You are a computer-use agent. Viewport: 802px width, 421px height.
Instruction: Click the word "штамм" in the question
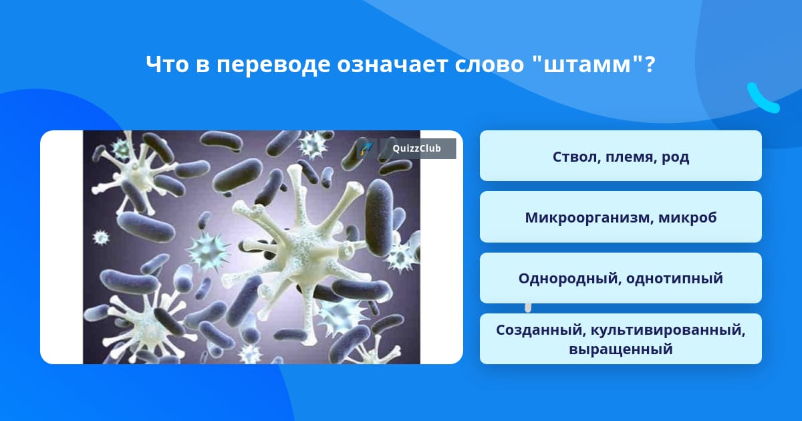pyautogui.click(x=587, y=65)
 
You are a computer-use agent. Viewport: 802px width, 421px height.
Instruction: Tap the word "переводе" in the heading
pyautogui.click(x=273, y=65)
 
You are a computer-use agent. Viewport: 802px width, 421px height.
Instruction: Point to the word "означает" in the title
pyautogui.click(x=392, y=65)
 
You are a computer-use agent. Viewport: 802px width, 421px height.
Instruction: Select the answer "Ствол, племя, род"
pyautogui.click(x=620, y=156)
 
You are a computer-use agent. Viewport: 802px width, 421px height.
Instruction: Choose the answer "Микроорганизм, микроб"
pyautogui.click(x=620, y=217)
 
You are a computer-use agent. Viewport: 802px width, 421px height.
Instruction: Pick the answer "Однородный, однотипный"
pyautogui.click(x=620, y=278)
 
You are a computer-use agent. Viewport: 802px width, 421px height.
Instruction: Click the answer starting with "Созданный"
pyautogui.click(x=620, y=339)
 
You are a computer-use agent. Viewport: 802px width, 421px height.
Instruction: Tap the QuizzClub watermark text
pyautogui.click(x=416, y=148)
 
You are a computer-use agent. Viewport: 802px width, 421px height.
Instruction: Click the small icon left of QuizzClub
pyautogui.click(x=366, y=148)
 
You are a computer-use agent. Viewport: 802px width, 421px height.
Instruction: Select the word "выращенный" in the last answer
pyautogui.click(x=621, y=349)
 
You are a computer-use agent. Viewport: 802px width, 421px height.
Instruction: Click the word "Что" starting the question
pyautogui.click(x=167, y=65)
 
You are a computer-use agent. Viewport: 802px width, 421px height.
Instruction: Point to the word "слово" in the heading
pyautogui.click(x=489, y=65)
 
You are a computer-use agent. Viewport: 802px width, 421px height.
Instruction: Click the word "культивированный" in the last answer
pyautogui.click(x=668, y=330)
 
